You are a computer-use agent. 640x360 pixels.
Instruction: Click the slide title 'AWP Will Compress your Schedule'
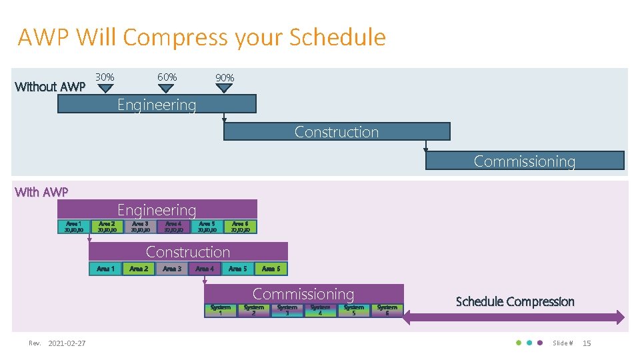pyautogui.click(x=201, y=37)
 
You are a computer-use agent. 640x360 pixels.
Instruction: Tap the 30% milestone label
pyautogui.click(x=104, y=77)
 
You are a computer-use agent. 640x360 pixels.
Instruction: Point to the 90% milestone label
pyautogui.click(x=225, y=78)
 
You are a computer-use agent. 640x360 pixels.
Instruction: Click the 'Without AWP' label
pyautogui.click(x=50, y=87)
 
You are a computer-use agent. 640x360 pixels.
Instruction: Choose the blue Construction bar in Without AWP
pyautogui.click(x=337, y=131)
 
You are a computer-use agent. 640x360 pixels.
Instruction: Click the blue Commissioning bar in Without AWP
pyautogui.click(x=525, y=161)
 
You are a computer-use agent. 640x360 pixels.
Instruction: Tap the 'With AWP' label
pyautogui.click(x=41, y=192)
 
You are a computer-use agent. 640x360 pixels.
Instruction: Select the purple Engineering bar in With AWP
pyautogui.click(x=157, y=209)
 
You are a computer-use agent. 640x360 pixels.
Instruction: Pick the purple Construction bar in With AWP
pyautogui.click(x=188, y=251)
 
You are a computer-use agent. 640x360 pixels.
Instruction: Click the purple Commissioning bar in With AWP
pyautogui.click(x=303, y=293)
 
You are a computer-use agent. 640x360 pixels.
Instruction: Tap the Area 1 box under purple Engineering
pyautogui.click(x=73, y=227)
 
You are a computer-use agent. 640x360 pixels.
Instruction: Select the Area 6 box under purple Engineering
pyautogui.click(x=240, y=227)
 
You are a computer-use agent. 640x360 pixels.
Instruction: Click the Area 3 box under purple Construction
pyautogui.click(x=172, y=269)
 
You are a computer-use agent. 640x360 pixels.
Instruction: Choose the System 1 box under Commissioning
pyautogui.click(x=221, y=311)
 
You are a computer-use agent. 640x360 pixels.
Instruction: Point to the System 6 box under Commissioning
pyautogui.click(x=387, y=311)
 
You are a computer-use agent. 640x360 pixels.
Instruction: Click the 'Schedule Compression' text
pyautogui.click(x=515, y=301)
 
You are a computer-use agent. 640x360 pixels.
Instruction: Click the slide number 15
pyautogui.click(x=587, y=343)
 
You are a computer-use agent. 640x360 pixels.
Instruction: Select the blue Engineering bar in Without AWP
pyautogui.click(x=157, y=104)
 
